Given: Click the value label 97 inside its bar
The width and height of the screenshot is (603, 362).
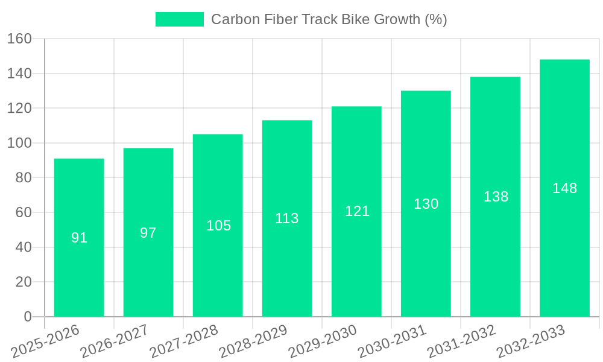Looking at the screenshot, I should click(x=148, y=233).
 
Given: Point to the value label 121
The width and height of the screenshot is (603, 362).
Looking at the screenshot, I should click(x=357, y=211).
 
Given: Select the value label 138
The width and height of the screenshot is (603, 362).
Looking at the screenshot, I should click(x=496, y=197).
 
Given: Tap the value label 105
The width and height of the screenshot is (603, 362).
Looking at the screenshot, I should click(x=218, y=226).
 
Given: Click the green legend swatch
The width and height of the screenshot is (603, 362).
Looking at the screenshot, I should click(x=180, y=19).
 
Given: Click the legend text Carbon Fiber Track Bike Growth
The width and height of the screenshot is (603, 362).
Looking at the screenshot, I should click(x=329, y=19).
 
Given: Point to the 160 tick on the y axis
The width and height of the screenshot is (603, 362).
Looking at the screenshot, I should click(x=19, y=39).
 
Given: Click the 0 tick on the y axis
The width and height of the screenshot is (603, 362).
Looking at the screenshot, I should click(x=27, y=317).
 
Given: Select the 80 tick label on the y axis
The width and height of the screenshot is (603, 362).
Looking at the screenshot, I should click(x=23, y=178).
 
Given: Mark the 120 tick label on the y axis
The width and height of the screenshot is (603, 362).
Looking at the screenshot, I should click(x=19, y=109).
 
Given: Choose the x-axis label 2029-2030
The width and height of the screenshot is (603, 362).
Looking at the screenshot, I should click(x=323, y=341).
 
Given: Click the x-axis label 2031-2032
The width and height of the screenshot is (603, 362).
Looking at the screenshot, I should click(x=461, y=341).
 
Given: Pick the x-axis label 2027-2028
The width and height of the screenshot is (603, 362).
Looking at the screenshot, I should click(x=184, y=341).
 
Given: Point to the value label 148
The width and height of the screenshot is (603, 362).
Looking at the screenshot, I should click(x=564, y=188).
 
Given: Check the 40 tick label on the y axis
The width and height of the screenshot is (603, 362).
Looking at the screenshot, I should click(x=23, y=247).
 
